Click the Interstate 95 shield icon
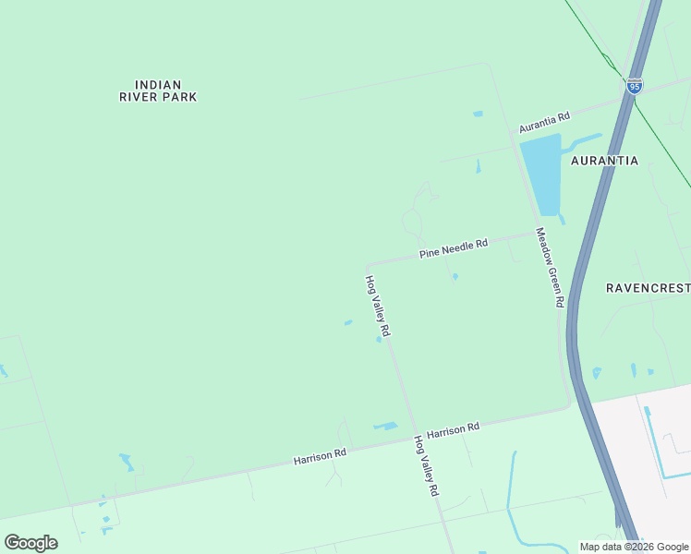[x=634, y=86]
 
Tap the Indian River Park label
[x=158, y=90]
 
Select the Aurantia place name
[x=604, y=161]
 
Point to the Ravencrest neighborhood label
[x=648, y=288]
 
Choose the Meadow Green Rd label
[x=551, y=268]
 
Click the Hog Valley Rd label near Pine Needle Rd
[x=378, y=307]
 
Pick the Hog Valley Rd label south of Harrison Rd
[x=426, y=466]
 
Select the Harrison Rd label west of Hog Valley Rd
[x=320, y=455]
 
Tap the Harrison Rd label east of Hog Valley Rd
[x=454, y=429]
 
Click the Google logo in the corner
[x=30, y=543]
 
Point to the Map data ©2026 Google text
[x=635, y=547]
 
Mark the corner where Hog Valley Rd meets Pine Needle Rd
[x=368, y=264]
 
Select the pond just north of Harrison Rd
[x=384, y=426]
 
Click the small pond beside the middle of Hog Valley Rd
[x=379, y=339]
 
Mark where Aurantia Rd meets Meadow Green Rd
[x=512, y=133]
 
